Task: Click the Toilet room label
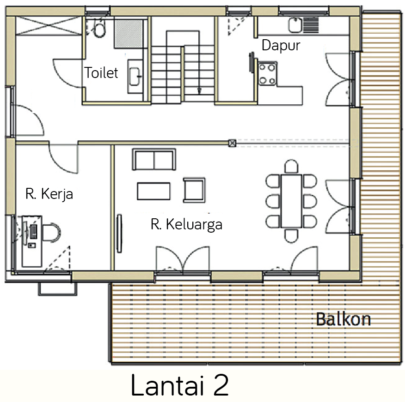[x=101, y=72]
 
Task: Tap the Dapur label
[x=281, y=46]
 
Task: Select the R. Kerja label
[x=49, y=194]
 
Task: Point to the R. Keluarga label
[x=186, y=224]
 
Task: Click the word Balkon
[x=344, y=319]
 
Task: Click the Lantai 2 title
[x=180, y=385]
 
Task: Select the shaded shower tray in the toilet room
[x=129, y=34]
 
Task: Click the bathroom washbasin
[x=135, y=76]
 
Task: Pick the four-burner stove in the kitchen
[x=267, y=74]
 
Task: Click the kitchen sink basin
[x=295, y=25]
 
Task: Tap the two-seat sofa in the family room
[x=154, y=160]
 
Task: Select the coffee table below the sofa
[x=153, y=191]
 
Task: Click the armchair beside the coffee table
[x=194, y=190]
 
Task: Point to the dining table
[x=291, y=201]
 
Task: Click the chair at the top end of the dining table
[x=291, y=167]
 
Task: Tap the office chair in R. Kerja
[x=51, y=232]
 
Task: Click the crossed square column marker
[x=232, y=144]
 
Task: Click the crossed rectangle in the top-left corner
[x=49, y=25]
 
